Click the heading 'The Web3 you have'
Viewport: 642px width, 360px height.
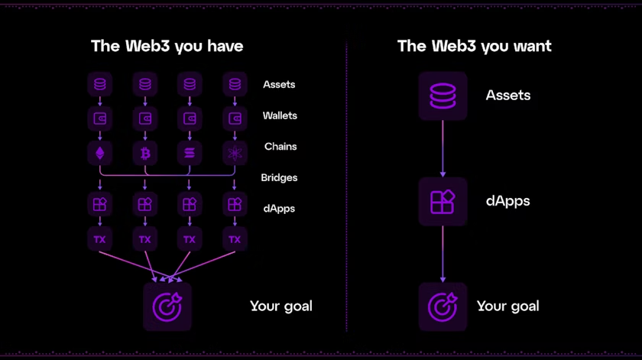click(167, 46)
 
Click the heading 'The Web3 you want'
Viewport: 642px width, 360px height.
click(474, 46)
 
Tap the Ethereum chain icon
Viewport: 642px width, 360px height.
click(100, 154)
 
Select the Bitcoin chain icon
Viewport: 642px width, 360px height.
click(145, 154)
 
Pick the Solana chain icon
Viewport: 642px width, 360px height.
click(190, 154)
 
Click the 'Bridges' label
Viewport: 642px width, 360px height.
click(279, 177)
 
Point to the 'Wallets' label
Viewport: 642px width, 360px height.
click(280, 115)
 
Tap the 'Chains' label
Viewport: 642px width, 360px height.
click(280, 146)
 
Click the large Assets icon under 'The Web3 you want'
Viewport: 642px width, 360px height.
click(443, 96)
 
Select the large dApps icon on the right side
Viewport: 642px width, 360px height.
click(443, 201)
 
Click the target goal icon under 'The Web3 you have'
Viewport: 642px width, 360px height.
click(167, 306)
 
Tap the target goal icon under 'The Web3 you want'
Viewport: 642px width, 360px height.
click(443, 306)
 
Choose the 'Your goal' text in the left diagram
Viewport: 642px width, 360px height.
click(280, 306)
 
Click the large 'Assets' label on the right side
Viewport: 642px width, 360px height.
click(508, 96)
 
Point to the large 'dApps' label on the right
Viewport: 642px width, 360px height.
click(508, 201)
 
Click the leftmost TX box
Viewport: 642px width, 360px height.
click(100, 239)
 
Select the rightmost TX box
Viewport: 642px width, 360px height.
click(235, 239)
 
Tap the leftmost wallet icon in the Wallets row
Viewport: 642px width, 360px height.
click(100, 118)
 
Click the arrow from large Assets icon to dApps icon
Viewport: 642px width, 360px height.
click(443, 148)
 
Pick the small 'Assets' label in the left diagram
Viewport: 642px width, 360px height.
click(279, 84)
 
